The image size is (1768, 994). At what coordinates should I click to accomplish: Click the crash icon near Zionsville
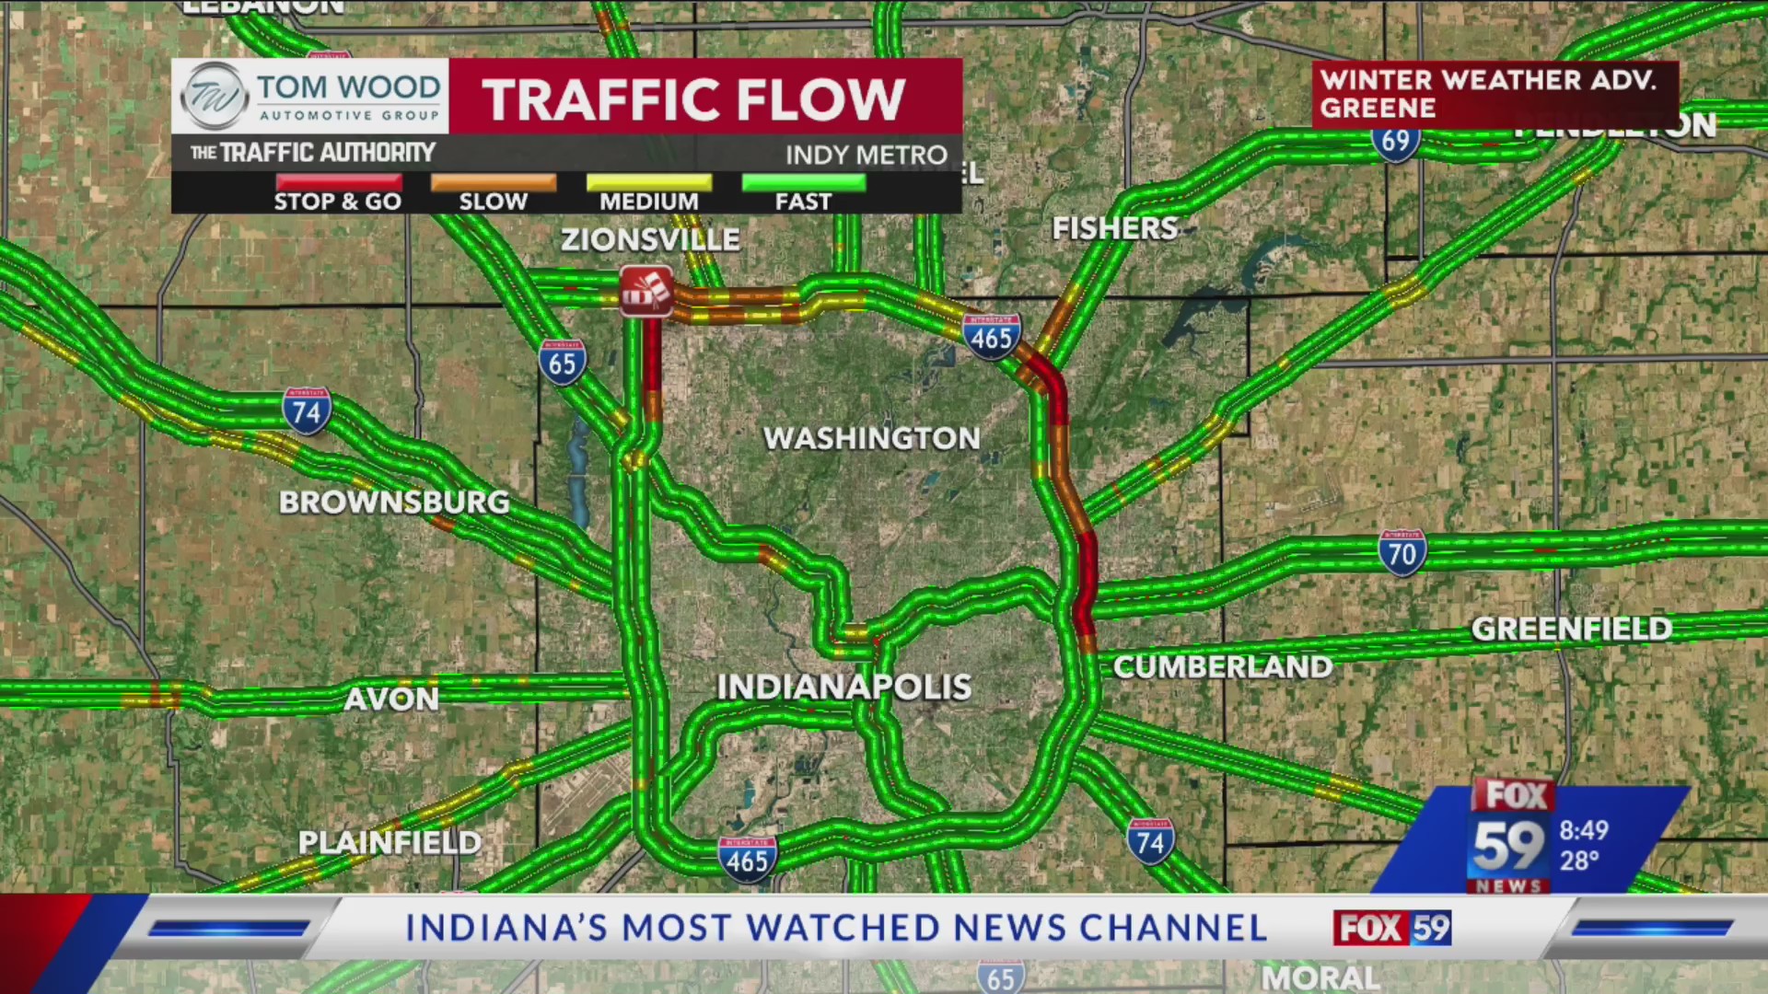click(x=646, y=291)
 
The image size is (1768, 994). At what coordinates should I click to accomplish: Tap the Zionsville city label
click(x=650, y=239)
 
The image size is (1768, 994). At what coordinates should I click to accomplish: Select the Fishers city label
click(x=1114, y=227)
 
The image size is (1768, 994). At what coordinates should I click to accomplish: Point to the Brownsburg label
click(x=394, y=502)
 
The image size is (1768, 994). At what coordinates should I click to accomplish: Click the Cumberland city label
click(x=1222, y=666)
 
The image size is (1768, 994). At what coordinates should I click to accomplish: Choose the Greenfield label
click(x=1571, y=629)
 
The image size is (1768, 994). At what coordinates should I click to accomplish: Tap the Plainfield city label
click(x=390, y=842)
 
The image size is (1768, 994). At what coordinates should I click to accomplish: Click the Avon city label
click(x=391, y=699)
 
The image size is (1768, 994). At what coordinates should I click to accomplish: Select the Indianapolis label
click(x=843, y=687)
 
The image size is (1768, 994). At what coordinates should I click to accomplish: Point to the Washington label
click(x=871, y=438)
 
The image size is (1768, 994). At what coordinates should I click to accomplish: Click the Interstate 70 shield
click(x=1402, y=553)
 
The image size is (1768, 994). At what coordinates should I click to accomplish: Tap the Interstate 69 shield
click(x=1395, y=141)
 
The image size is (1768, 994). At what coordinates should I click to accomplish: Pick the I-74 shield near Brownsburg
click(x=307, y=411)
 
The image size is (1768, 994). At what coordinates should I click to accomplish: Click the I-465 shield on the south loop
click(x=747, y=860)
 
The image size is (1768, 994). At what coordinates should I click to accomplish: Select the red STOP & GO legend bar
click(x=338, y=182)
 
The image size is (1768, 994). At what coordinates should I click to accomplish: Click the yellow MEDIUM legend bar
click(x=649, y=182)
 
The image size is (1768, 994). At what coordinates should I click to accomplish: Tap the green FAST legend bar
click(x=803, y=182)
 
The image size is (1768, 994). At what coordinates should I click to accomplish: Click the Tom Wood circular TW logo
click(x=215, y=96)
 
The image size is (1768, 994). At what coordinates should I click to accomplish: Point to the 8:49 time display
click(x=1584, y=830)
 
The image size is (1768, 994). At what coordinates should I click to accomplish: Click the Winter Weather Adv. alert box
click(x=1495, y=94)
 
